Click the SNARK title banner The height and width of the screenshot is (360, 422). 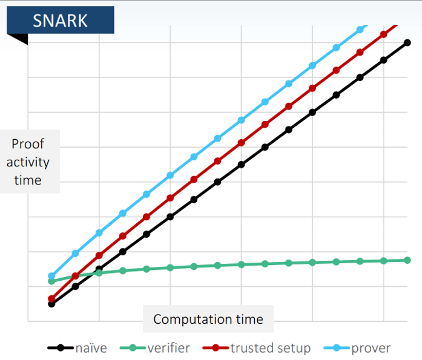(x=61, y=20)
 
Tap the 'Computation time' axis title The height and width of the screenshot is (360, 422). (x=208, y=319)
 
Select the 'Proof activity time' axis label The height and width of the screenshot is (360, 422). (x=30, y=162)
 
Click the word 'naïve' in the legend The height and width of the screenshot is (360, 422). (x=91, y=348)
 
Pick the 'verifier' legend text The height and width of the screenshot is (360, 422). (x=168, y=348)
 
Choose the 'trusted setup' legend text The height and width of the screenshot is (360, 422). (x=270, y=348)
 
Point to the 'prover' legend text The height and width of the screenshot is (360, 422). (x=371, y=348)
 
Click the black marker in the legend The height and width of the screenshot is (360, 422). (x=61, y=348)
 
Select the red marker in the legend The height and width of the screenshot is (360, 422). (x=215, y=348)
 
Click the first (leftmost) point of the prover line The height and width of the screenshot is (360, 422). (x=51, y=276)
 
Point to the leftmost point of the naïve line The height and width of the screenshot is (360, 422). (x=51, y=304)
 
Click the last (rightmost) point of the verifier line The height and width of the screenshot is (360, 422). (x=407, y=260)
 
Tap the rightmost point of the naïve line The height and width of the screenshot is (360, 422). (x=407, y=42)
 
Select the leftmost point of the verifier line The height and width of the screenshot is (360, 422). (x=51, y=281)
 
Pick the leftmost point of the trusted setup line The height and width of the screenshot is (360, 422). (x=51, y=299)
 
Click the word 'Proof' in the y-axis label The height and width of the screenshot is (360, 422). (x=28, y=144)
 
